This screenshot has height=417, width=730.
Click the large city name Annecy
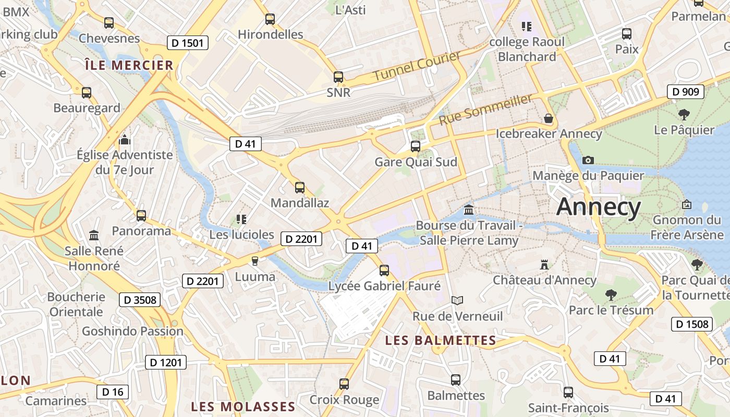pos(598,207)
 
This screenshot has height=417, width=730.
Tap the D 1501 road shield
pos(188,43)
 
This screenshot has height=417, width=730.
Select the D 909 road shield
pos(686,92)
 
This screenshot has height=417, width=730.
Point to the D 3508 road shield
pos(140,300)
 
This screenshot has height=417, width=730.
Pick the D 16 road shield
pos(112,392)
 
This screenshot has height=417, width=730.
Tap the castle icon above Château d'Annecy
pos(544,265)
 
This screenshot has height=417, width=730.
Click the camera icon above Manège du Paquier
pos(588,160)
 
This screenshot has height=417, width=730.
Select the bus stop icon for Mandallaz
pos(299,188)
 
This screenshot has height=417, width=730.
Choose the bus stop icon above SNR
pos(338,77)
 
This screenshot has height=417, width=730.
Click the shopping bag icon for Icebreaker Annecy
pos(549,118)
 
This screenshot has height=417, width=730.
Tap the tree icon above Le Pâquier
pos(684,114)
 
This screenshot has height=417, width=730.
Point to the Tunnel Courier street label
pos(417,66)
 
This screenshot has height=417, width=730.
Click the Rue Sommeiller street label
pos(486,108)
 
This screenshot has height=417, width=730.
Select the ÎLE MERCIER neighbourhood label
pos(128,65)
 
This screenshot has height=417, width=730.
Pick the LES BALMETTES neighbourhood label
pos(441,340)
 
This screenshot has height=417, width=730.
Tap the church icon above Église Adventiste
pos(124,140)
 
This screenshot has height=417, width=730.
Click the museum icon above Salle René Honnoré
pos(94,236)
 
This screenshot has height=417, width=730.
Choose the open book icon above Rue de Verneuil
pos(457,300)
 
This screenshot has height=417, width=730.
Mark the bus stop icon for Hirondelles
pos(270,19)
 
